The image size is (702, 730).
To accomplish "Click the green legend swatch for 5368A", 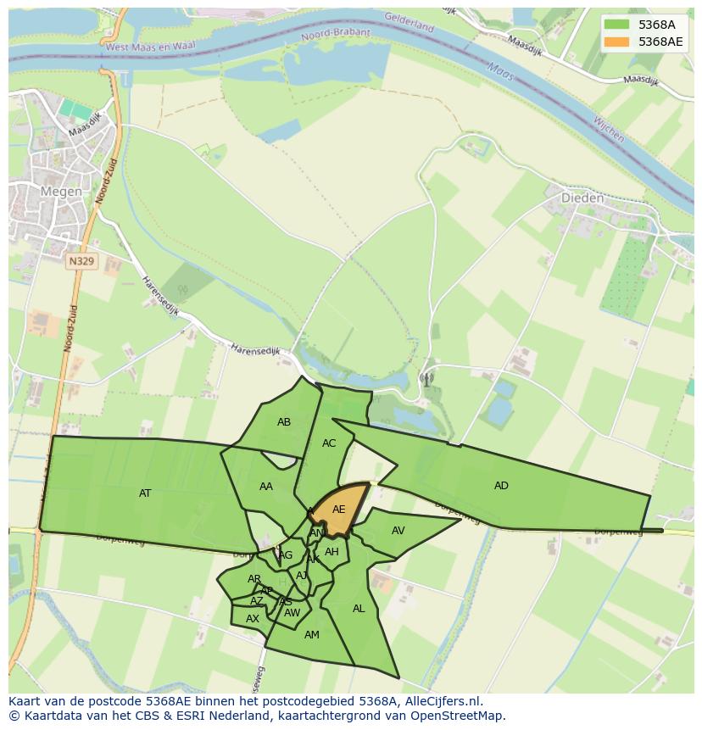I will [618, 24].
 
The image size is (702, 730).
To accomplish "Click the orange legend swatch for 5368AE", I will [618, 42].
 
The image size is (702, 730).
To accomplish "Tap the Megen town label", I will [61, 192].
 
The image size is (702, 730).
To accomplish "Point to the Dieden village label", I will [582, 198].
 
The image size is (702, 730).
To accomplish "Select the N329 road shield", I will [81, 261].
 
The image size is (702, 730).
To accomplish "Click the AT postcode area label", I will [145, 493].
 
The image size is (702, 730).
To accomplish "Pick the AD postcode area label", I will [501, 486].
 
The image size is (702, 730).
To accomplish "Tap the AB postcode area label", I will [284, 422].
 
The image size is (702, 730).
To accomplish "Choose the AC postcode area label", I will [329, 443].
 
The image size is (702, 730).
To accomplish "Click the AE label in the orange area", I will [338, 510].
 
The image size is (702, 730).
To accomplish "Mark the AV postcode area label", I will [398, 531].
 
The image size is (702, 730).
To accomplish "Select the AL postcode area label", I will [359, 609].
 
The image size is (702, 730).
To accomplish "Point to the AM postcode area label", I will [311, 635].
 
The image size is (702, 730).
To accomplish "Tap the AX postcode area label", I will [252, 619].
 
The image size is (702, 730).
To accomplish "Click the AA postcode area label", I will [266, 487].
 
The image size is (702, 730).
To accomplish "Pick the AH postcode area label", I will [331, 552].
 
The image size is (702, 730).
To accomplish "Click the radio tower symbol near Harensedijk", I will [426, 379].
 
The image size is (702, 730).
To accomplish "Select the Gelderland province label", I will [409, 22].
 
